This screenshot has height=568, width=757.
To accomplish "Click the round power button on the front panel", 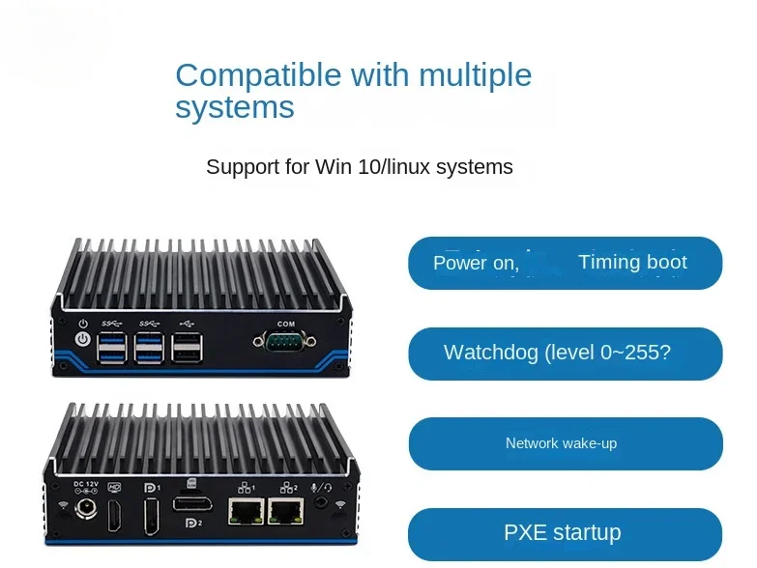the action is coord(83,340).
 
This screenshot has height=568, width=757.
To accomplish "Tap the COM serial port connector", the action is coord(285,340).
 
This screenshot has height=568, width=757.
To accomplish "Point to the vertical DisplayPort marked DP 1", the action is coord(151,512).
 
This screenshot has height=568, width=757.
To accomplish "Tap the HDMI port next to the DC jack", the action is coord(115,512).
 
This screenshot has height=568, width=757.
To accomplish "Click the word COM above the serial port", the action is coord(285,323).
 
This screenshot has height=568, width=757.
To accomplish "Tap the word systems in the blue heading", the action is coord(235,106).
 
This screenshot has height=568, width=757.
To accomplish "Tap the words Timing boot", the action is coord(632,262).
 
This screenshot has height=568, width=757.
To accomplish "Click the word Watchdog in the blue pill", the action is coord(491,353).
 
